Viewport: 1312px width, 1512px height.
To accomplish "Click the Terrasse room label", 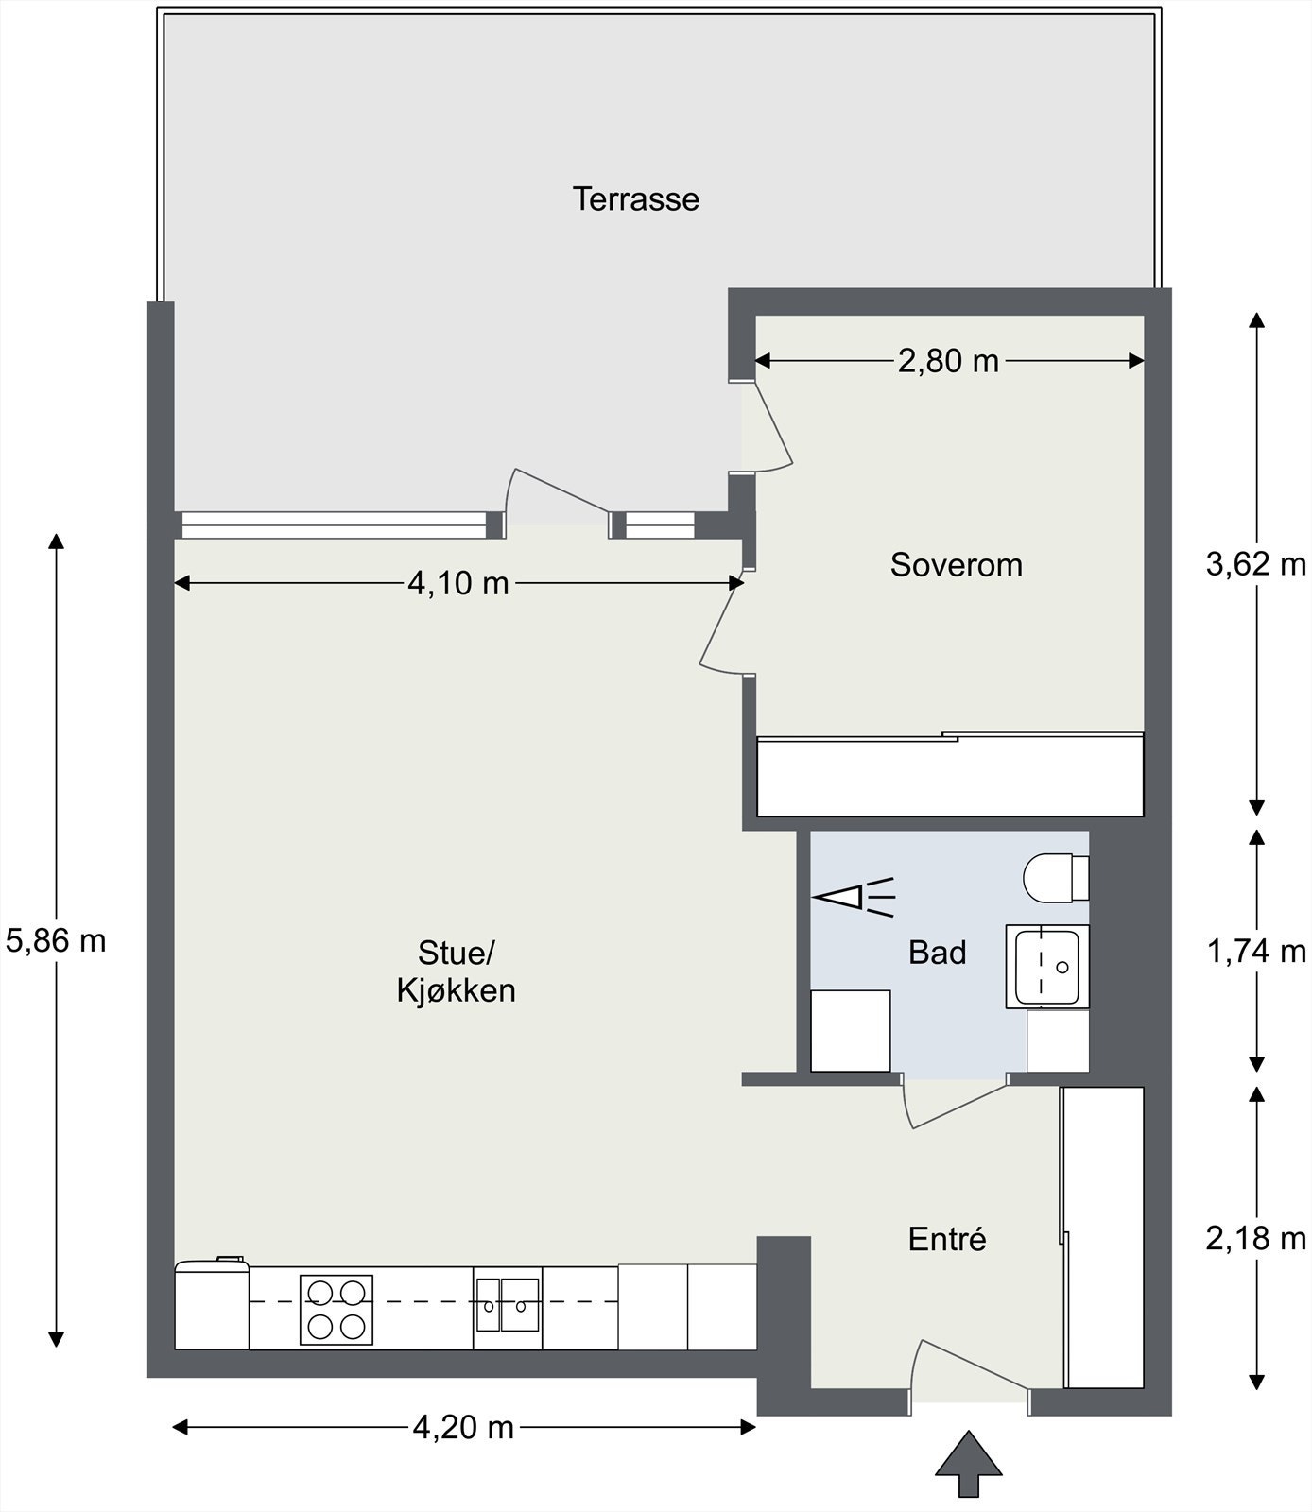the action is [x=635, y=199].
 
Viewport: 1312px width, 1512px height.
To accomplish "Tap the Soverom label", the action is [x=956, y=565].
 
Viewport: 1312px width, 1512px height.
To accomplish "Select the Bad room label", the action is [x=937, y=953].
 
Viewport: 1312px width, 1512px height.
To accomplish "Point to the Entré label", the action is [x=947, y=1239].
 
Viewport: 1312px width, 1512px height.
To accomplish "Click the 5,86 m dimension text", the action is [x=56, y=940].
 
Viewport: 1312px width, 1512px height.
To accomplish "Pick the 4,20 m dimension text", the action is [x=463, y=1427].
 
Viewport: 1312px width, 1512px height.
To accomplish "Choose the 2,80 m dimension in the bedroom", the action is [x=948, y=361].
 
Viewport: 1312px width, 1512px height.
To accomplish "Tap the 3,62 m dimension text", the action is [x=1256, y=565].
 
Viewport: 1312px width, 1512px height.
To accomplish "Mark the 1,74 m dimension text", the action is [x=1256, y=952].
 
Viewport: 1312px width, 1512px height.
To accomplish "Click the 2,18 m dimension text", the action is [x=1256, y=1238].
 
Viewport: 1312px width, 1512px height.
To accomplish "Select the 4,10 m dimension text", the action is [x=458, y=584].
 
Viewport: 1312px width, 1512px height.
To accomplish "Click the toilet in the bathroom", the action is [x=1056, y=878].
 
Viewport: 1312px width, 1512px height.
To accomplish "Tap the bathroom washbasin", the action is [x=1047, y=966].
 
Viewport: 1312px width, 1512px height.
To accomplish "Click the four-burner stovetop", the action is [x=337, y=1310].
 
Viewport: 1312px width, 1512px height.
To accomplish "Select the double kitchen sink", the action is [x=508, y=1305].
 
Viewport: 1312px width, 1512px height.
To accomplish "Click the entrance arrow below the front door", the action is [x=969, y=1464].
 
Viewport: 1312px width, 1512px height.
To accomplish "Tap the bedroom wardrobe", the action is [x=950, y=775].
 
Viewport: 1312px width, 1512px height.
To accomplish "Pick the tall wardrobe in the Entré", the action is [x=1103, y=1238].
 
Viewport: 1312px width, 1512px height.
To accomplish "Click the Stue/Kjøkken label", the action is [x=456, y=971].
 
